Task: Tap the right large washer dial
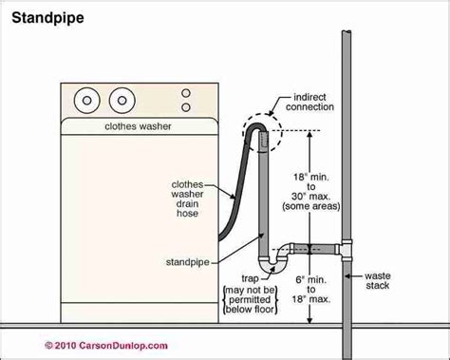point(121,99)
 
